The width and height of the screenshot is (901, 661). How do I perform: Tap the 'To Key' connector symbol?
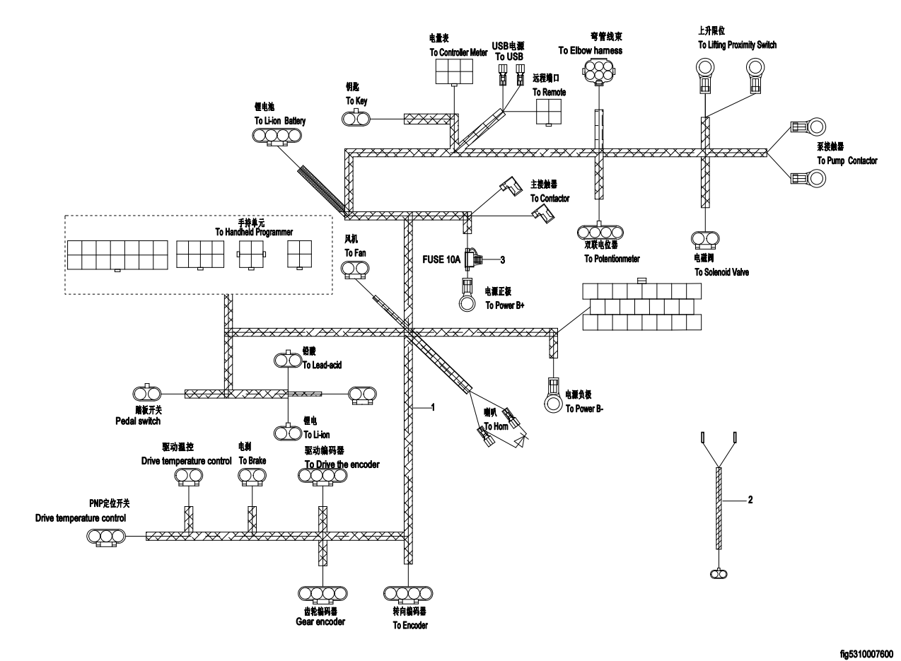click(356, 119)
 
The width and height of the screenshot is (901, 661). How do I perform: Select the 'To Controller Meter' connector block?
click(453, 71)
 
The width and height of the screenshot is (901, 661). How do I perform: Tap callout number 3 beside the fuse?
click(501, 259)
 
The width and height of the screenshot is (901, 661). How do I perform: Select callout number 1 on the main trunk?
click(433, 407)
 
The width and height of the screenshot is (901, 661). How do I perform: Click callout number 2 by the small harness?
click(750, 500)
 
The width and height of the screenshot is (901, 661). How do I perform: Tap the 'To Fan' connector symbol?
click(356, 268)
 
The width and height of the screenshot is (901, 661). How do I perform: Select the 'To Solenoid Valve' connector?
click(707, 238)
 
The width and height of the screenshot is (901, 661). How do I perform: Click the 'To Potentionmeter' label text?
click(612, 259)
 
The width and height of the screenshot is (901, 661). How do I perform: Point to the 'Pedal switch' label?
click(138, 421)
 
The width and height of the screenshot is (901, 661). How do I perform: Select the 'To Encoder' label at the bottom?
click(410, 626)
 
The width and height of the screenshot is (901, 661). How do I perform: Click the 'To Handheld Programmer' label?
click(254, 231)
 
